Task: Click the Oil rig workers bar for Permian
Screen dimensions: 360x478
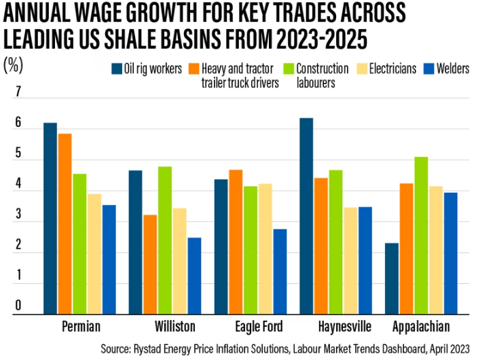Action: pyautogui.click(x=50, y=218)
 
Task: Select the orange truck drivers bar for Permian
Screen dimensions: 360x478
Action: pyautogui.click(x=65, y=223)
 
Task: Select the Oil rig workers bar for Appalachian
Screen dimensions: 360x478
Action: pyautogui.click(x=392, y=278)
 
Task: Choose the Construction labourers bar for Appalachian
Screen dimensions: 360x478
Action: pyautogui.click(x=421, y=235)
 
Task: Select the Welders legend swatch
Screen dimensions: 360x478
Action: pyautogui.click(x=429, y=69)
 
